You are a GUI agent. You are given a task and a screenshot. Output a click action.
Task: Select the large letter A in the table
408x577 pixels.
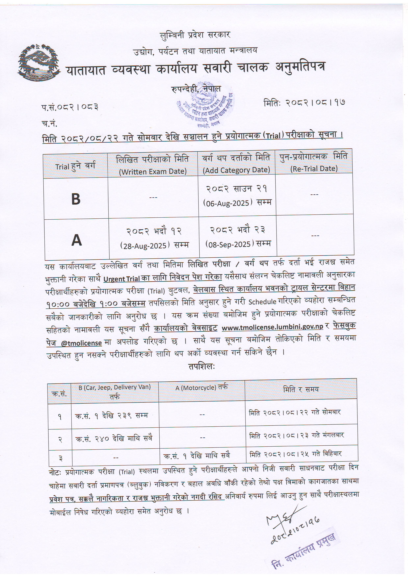click(77, 240)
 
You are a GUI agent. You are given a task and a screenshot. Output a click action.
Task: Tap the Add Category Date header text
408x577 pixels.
click(236, 170)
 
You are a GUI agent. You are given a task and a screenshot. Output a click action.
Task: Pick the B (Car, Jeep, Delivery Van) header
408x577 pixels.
click(115, 387)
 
